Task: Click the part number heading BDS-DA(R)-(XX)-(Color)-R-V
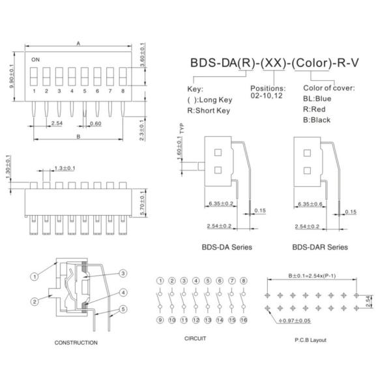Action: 276,63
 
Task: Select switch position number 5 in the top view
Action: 84,91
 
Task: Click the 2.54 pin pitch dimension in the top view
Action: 57,123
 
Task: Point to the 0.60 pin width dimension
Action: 95,123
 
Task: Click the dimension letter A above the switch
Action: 78,44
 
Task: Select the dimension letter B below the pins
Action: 78,137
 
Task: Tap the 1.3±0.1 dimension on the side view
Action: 65,168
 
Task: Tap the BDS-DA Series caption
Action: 227,247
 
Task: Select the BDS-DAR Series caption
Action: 320,247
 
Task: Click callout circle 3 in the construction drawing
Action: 122,274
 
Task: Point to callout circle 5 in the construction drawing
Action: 122,309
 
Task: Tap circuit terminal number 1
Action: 160,281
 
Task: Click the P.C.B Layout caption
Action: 310,340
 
